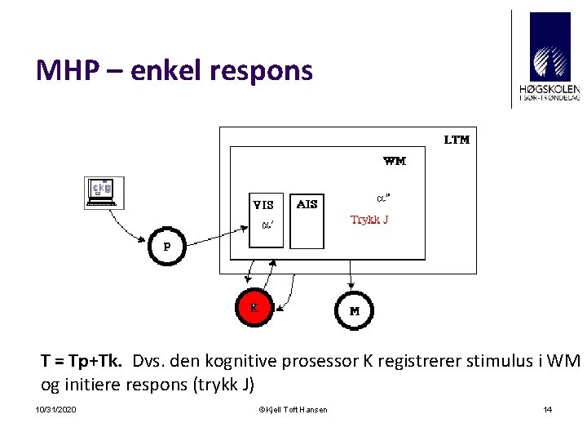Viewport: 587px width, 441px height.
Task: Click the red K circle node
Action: (254, 309)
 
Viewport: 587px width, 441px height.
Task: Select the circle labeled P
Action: (167, 246)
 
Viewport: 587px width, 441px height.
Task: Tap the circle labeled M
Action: (355, 311)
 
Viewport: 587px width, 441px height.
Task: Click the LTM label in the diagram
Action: (457, 140)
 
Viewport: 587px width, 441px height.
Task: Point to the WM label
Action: (395, 161)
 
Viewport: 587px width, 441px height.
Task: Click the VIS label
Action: (263, 205)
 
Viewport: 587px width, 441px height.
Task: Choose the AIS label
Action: (307, 204)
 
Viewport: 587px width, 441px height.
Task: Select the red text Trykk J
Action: (369, 220)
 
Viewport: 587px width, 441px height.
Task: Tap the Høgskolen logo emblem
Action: (550, 47)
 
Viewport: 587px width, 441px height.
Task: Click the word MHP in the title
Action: (65, 71)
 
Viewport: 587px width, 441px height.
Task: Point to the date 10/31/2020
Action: (56, 409)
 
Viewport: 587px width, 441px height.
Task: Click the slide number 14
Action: (548, 409)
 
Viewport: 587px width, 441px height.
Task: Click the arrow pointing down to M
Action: (351, 278)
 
